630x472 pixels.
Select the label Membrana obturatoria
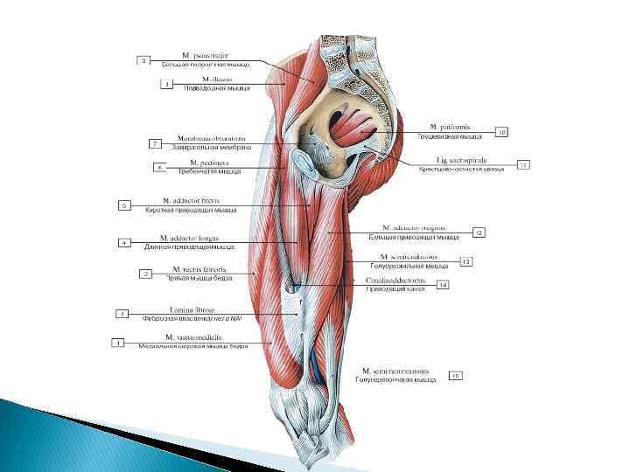[x=211, y=138]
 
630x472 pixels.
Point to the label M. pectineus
[x=205, y=163]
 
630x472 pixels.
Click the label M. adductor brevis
[x=191, y=200]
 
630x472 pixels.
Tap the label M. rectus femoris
[x=199, y=269]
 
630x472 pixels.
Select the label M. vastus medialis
[x=193, y=337]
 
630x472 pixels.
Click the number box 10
[x=501, y=133]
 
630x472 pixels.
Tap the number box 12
[x=479, y=233]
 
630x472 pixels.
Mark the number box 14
[x=443, y=285]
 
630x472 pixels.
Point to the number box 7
[x=155, y=142]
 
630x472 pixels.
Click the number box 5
[x=124, y=205]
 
